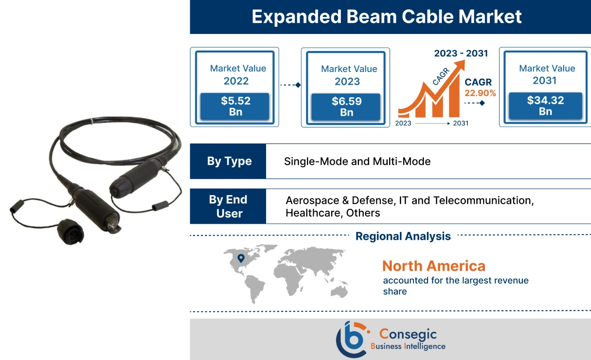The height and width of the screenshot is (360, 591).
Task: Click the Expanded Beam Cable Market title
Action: [387, 17]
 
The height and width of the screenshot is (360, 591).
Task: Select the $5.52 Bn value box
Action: [235, 107]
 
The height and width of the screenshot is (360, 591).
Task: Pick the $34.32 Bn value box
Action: [545, 106]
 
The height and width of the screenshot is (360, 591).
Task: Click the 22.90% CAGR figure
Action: [480, 93]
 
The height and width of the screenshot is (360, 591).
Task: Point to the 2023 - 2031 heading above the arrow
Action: [461, 54]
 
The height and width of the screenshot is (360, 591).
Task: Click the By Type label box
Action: [229, 162]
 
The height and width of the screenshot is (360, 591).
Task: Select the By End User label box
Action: [228, 206]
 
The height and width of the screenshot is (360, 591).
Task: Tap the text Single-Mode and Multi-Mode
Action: [357, 162]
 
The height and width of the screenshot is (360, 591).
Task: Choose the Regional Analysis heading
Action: [403, 236]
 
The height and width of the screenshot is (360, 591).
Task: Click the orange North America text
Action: [433, 266]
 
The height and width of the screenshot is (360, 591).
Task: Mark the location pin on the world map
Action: [240, 258]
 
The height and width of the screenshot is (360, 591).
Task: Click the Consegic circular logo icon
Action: [351, 339]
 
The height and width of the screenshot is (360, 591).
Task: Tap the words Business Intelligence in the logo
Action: [408, 346]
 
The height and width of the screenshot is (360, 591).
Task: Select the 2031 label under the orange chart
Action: [460, 124]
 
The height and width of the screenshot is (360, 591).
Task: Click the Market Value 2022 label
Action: [238, 75]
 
